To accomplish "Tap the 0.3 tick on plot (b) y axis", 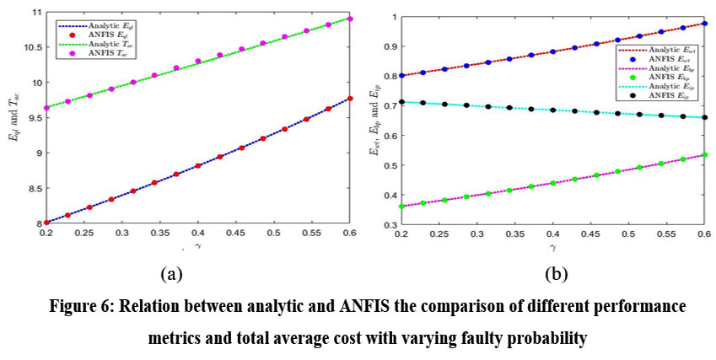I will click(x=390, y=226).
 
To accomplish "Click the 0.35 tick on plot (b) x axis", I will click(x=514, y=234).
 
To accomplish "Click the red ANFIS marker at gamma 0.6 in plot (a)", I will click(x=350, y=99).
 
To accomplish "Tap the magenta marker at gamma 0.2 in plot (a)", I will click(x=46, y=108).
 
